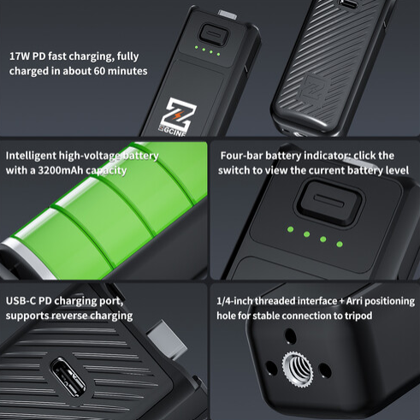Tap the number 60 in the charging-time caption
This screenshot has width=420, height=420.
point(99,71)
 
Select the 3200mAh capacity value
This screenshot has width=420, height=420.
point(60,170)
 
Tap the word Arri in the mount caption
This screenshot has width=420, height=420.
point(354,301)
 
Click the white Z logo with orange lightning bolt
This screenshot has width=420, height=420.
point(178,115)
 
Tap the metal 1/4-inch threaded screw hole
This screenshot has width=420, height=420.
point(298,370)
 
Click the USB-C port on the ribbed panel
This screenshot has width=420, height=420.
point(68,377)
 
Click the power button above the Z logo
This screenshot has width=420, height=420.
point(214,34)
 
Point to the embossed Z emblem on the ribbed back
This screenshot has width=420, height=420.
point(315,88)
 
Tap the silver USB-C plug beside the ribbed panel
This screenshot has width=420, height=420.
point(167,340)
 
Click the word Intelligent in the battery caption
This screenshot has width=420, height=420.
point(31,156)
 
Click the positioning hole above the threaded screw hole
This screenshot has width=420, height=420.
point(290,336)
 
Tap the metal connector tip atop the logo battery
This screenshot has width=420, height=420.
point(228,15)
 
